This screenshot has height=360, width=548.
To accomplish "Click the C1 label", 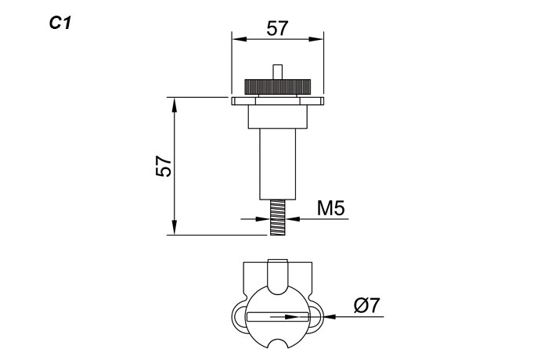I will [60, 23].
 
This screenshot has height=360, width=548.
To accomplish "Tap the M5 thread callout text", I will [331, 208].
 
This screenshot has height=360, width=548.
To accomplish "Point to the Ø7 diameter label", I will [367, 305].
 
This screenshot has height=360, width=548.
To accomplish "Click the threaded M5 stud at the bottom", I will [278, 217].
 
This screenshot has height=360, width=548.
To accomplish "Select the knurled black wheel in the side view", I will [278, 85].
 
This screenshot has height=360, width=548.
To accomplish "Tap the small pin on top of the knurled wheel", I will [278, 71].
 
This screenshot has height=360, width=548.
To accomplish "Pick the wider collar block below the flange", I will [278, 117].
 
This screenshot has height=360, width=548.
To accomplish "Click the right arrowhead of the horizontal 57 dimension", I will [319, 38].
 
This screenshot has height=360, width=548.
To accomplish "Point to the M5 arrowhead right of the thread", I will [292, 220].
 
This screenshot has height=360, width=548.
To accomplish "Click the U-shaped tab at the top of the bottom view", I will [278, 275].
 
